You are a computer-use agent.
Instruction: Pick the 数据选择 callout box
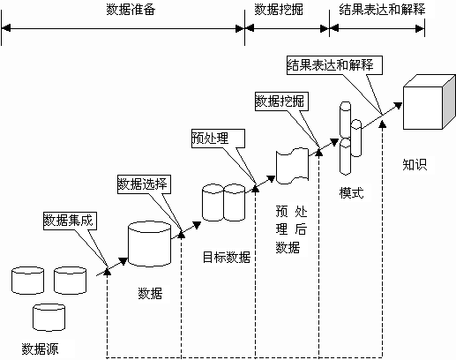pos(143,184)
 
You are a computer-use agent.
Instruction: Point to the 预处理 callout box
pos(212,138)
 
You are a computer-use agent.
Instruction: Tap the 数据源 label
pos(41,346)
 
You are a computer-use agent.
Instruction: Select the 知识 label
pos(415,163)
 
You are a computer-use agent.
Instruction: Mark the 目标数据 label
pos(226,257)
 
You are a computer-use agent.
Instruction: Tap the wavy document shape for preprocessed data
pos(292,168)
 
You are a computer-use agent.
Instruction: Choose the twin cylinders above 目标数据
pos(223,202)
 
